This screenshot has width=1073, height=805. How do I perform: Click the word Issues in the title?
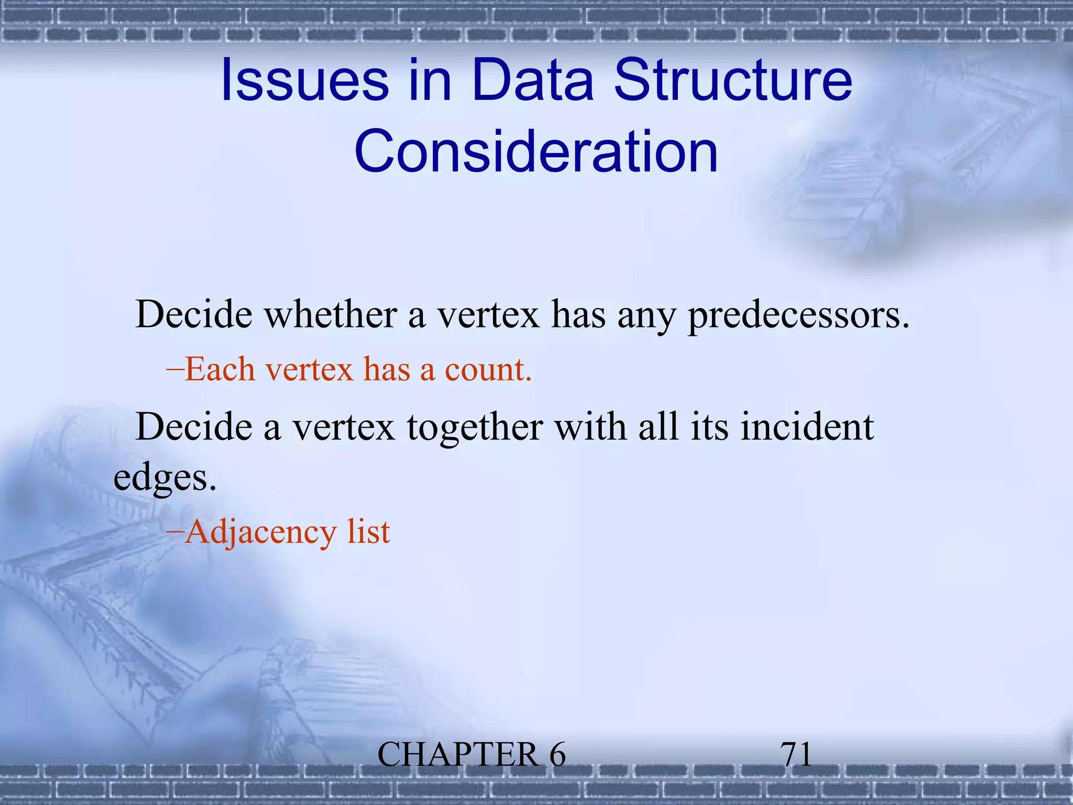(x=304, y=81)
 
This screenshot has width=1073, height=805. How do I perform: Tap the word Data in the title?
(x=533, y=81)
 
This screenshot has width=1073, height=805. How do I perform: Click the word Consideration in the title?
(x=536, y=152)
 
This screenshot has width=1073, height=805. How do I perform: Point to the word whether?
(x=330, y=315)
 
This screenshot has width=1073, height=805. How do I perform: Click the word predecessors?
(x=798, y=315)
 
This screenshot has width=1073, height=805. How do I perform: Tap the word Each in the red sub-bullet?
(x=220, y=369)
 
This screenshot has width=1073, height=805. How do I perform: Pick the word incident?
(x=807, y=427)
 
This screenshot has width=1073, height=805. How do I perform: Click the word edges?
(x=165, y=478)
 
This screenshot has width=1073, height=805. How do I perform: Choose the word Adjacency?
(x=260, y=532)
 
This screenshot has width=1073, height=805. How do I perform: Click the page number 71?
(x=796, y=755)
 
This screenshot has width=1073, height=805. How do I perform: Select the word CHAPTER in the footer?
(x=457, y=755)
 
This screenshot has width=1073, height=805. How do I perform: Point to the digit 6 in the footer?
(x=557, y=755)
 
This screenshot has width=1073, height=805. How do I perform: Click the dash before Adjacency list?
(x=175, y=532)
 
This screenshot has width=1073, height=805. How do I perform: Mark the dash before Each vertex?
(x=175, y=369)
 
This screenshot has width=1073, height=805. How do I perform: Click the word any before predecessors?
(x=646, y=315)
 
